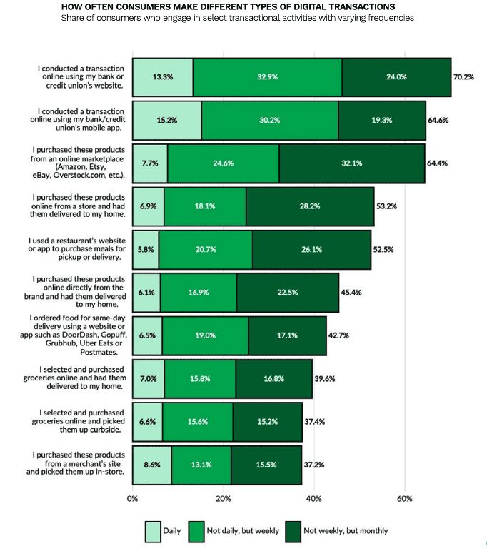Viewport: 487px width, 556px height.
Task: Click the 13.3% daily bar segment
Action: [x=163, y=77]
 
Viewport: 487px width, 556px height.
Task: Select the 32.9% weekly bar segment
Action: [x=268, y=77]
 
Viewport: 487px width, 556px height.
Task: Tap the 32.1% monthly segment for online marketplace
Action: [x=352, y=163]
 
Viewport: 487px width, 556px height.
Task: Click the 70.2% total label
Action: [x=463, y=77]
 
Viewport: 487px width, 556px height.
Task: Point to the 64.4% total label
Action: [x=437, y=163]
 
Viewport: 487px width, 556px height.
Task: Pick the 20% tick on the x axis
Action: [x=223, y=499]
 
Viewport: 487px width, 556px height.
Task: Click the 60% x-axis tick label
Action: [x=405, y=499]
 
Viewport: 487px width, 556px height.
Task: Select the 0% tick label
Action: [x=132, y=499]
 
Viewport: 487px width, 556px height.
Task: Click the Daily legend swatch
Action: [x=153, y=532]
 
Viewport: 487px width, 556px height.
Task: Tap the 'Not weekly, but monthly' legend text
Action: [x=346, y=531]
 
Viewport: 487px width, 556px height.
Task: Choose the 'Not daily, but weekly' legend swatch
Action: [x=196, y=532]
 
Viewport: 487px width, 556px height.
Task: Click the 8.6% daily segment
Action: [x=152, y=465]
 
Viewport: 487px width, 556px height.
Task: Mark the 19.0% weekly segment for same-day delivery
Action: [x=206, y=335]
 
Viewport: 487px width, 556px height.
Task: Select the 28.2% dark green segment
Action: [x=310, y=206]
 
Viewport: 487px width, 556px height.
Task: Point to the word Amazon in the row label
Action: [x=71, y=167]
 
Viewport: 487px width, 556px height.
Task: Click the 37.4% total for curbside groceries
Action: [x=315, y=422]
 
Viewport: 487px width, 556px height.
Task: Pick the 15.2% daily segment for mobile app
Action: [x=167, y=120]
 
